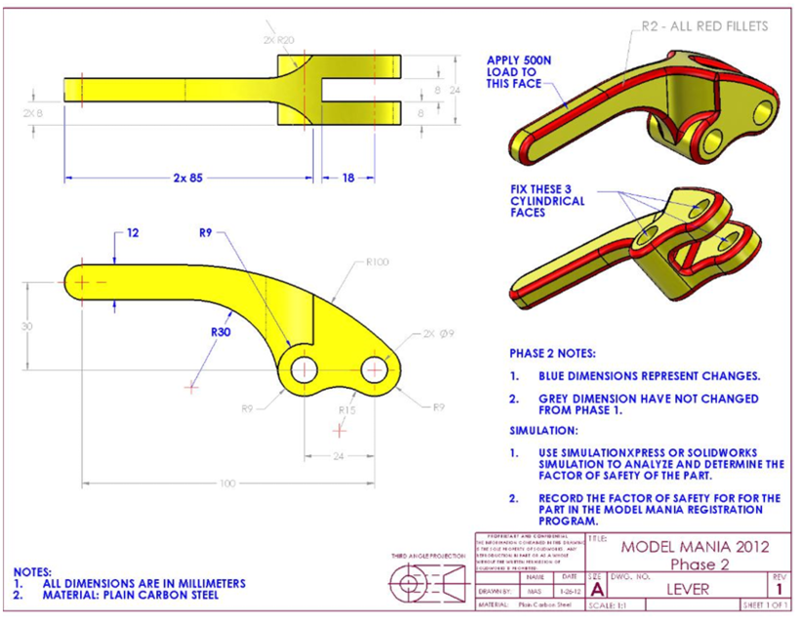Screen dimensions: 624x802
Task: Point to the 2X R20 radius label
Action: click(x=278, y=40)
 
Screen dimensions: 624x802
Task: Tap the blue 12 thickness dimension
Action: click(x=134, y=233)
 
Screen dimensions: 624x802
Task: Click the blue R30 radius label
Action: click(x=221, y=331)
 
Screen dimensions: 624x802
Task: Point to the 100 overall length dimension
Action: click(x=227, y=483)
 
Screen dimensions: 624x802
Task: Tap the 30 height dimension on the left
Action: click(x=27, y=326)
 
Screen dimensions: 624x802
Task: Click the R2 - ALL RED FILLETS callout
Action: click(x=704, y=26)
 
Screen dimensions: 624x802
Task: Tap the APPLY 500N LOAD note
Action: click(x=519, y=72)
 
